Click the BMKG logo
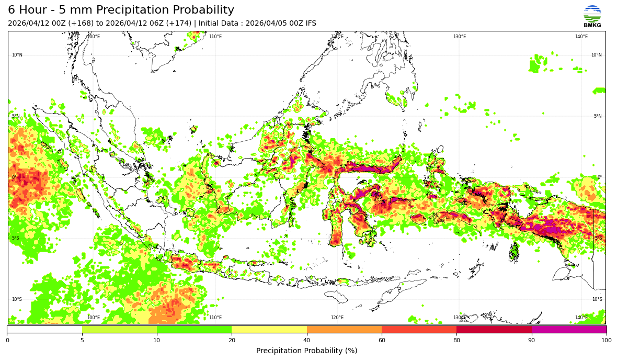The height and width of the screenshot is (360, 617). [592, 16]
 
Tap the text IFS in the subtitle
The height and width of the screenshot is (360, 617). [310, 24]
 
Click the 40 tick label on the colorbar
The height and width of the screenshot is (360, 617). [307, 341]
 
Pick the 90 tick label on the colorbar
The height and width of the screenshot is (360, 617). [532, 341]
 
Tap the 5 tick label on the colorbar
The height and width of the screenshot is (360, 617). [82, 341]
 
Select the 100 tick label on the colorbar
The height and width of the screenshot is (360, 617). [606, 341]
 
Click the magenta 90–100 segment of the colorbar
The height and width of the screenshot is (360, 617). [569, 330]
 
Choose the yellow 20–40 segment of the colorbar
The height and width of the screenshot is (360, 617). [269, 330]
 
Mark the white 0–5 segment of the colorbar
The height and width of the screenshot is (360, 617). [44, 330]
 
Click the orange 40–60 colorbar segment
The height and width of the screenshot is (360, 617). [344, 330]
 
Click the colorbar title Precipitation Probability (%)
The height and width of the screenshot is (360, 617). [306, 351]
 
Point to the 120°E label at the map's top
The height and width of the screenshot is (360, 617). [337, 37]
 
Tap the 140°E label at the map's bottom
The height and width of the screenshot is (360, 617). [581, 318]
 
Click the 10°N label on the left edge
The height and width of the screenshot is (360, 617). [17, 55]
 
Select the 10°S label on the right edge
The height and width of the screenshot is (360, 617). [596, 299]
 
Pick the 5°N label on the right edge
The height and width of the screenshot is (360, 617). [597, 116]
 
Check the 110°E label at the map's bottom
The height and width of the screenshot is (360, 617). [215, 318]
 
